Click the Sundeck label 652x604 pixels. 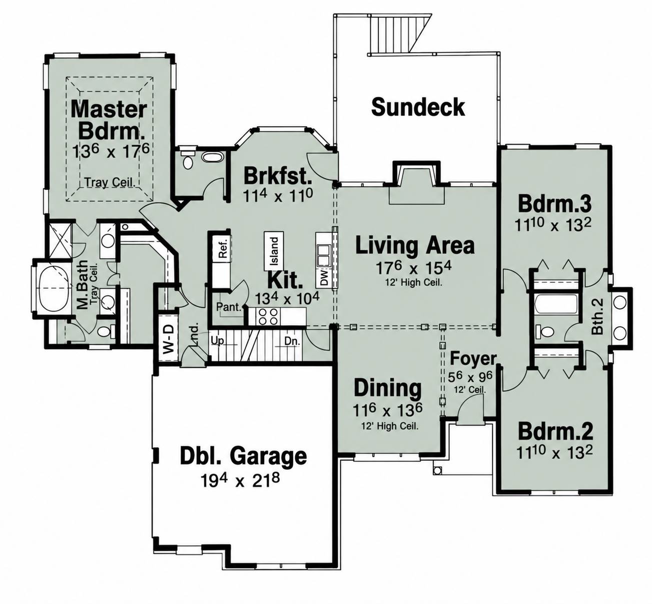418,107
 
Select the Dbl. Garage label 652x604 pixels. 243,456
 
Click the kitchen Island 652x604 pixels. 274,251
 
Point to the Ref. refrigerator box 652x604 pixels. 222,248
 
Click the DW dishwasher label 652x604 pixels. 323,278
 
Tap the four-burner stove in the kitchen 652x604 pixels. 268,316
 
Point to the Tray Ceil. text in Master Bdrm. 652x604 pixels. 110,182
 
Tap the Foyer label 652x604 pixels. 473,358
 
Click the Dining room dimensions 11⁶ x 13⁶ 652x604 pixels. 387,410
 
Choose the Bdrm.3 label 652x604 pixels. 554,204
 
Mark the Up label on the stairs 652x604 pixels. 217,341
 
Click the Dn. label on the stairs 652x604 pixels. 292,341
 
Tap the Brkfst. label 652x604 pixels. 277,177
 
